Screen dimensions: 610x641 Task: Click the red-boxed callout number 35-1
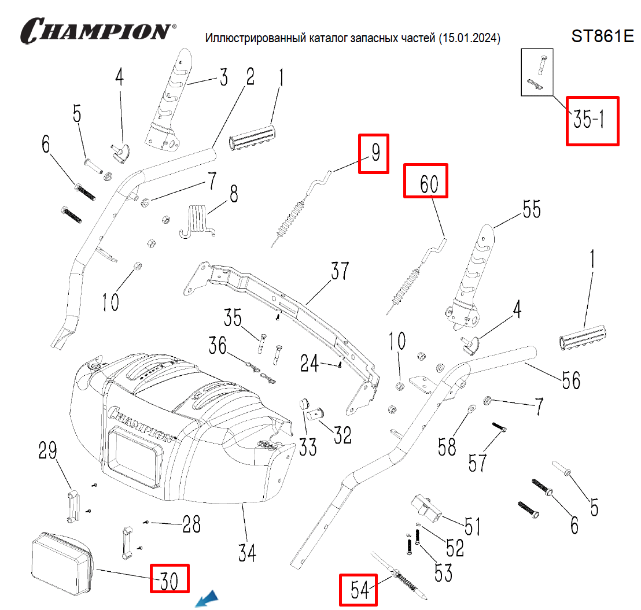coord(592,120)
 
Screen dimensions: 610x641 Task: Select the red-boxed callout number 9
coord(374,153)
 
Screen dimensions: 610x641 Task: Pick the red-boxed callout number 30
coord(169,578)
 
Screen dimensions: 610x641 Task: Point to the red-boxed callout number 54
coord(359,590)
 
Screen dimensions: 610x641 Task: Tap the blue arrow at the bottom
coord(207,599)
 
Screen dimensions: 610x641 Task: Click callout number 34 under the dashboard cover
coord(247,553)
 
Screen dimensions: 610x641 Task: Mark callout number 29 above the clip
coord(49,451)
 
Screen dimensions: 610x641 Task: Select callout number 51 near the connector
coord(473,526)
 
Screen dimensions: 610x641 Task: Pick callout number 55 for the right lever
coord(531,209)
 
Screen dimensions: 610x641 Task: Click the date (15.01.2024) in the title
coord(469,38)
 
